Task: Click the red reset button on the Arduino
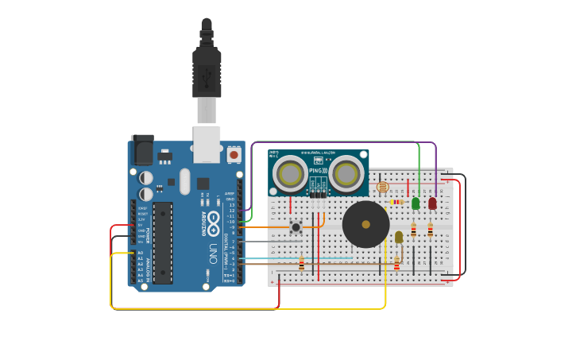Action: (234, 154)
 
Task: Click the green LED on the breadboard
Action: (416, 203)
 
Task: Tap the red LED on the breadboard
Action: (432, 203)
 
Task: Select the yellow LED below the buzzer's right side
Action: (399, 237)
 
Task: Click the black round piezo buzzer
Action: (365, 224)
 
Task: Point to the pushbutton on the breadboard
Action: (296, 228)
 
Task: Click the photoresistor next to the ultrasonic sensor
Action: (382, 187)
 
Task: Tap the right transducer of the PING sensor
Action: (346, 172)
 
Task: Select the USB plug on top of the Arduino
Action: (207, 75)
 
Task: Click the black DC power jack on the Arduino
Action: (141, 150)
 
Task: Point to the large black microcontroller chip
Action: (162, 242)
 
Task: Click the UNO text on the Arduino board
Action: (212, 254)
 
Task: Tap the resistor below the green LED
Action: (413, 230)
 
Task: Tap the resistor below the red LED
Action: (431, 230)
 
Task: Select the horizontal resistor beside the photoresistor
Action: (396, 202)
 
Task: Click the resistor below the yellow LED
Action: (396, 263)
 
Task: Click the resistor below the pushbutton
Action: (301, 263)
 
